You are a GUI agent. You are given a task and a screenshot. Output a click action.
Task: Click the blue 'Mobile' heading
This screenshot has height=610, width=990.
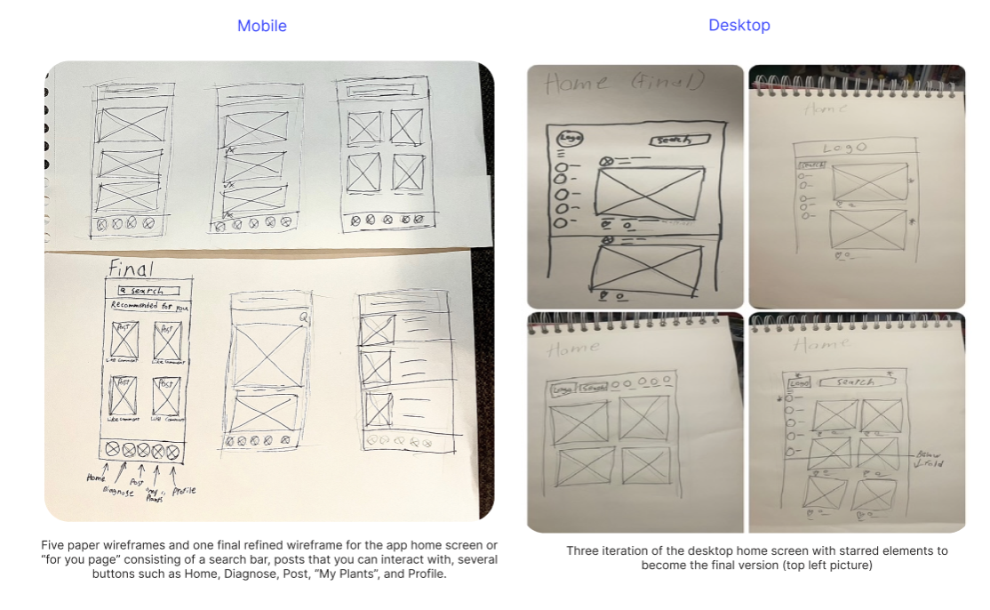click(261, 26)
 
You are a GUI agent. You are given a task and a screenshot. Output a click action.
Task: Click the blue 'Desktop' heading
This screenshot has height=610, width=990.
click(739, 25)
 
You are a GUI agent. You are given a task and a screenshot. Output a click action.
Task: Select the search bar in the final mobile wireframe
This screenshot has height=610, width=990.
click(148, 291)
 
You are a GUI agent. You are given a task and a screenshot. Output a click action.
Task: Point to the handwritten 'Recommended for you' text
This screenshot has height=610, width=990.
click(149, 306)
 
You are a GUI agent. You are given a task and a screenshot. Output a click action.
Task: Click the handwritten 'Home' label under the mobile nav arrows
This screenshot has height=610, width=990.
click(95, 478)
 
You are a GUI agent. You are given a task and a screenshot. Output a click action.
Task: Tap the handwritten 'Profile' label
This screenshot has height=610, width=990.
click(184, 490)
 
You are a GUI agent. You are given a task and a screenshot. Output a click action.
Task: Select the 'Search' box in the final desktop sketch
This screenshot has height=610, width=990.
click(681, 140)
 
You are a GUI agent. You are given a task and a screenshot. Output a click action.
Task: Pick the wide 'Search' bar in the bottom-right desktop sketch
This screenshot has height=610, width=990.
click(858, 381)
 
